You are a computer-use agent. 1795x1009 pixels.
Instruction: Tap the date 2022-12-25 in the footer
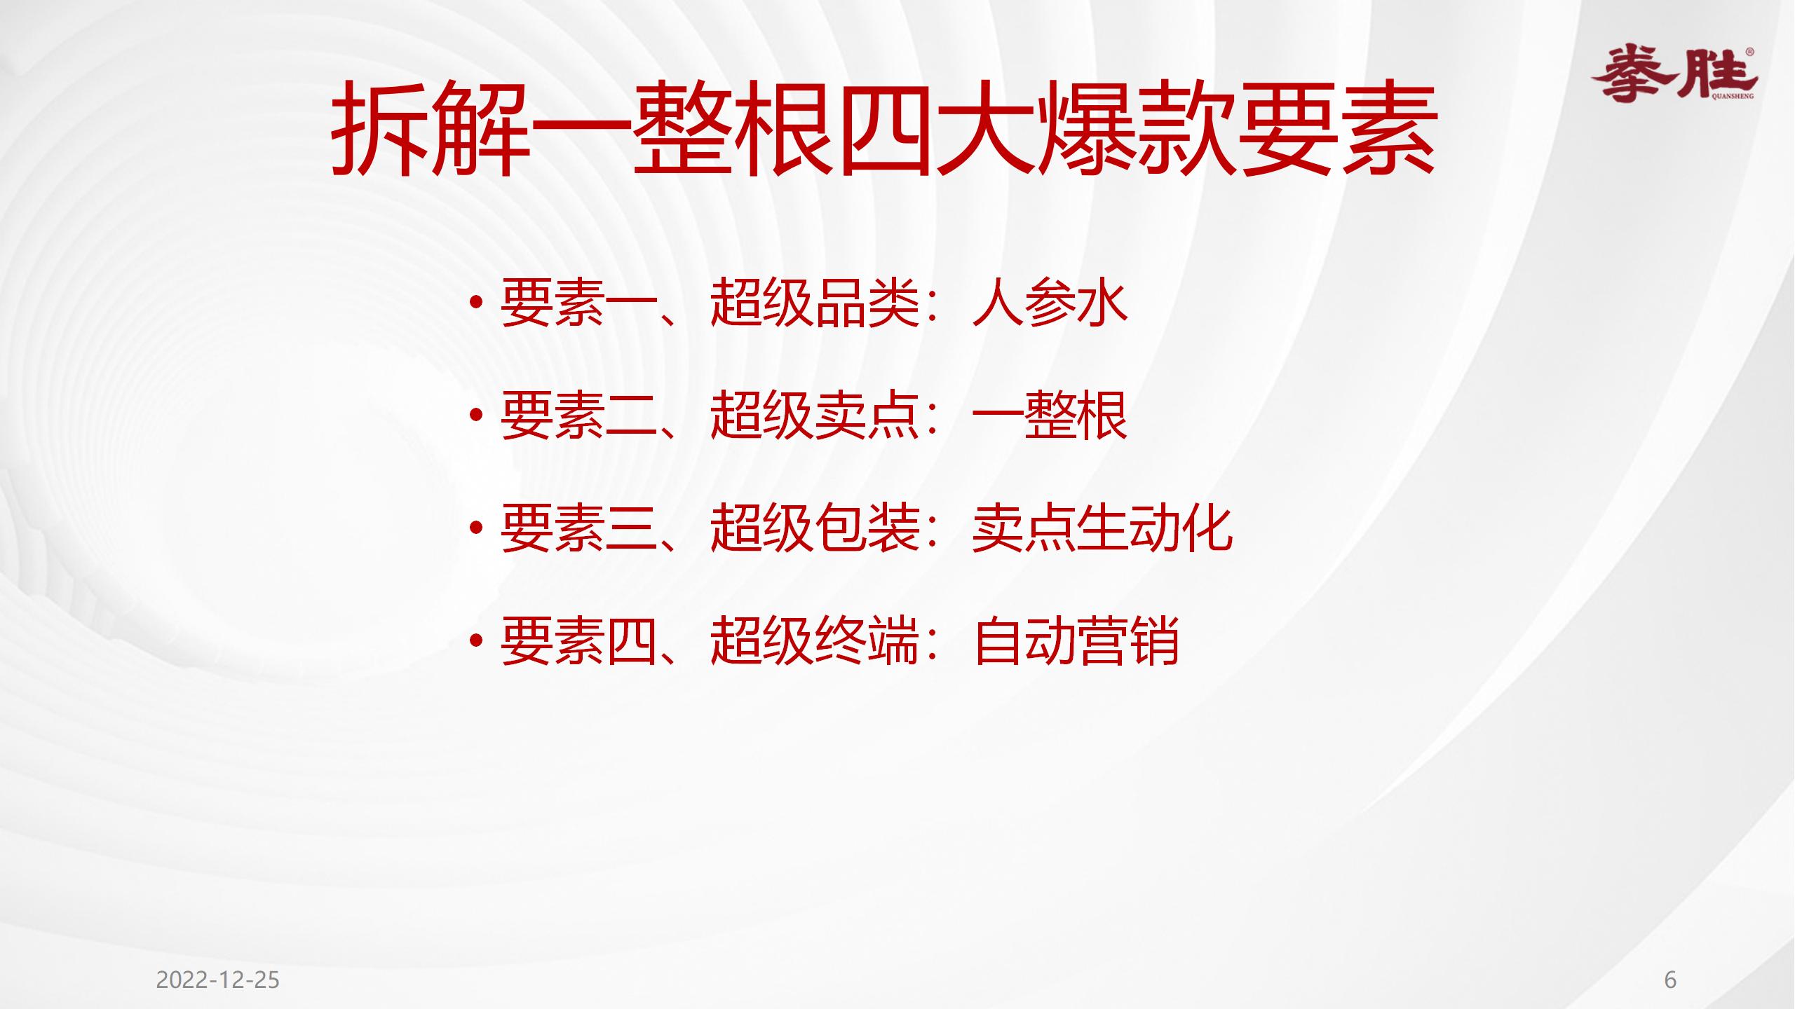coord(217,980)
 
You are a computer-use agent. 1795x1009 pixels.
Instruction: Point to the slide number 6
coord(1670,980)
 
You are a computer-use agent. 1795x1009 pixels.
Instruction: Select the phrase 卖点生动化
coord(1102,529)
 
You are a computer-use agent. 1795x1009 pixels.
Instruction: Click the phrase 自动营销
coord(1076,641)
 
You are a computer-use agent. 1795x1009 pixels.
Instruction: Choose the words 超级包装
coord(815,529)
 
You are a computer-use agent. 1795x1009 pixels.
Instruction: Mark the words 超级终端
coord(815,641)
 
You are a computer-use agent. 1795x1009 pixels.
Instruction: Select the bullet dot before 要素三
coord(477,529)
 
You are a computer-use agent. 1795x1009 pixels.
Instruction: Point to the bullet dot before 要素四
coord(477,641)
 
